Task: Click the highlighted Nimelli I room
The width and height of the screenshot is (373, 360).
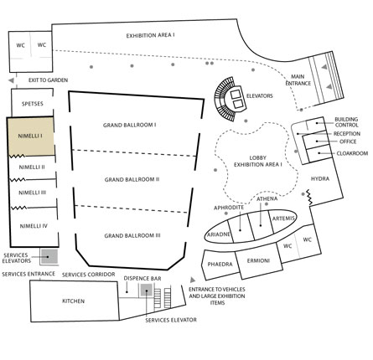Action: coord(30,136)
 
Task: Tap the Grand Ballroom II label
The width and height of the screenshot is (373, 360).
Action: coord(132,179)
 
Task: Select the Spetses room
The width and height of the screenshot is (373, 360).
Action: coord(32,103)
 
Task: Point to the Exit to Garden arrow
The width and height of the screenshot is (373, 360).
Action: coord(11,80)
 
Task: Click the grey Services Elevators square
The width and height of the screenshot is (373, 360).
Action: coord(49,256)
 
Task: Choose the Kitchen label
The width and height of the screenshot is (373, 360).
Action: coord(73,301)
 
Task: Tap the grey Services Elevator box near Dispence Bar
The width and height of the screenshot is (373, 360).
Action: coord(146,291)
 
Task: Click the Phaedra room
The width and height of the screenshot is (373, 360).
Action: coord(220,265)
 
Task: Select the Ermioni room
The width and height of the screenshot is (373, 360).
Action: coord(258,261)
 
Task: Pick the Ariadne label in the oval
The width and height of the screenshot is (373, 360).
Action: coord(219,234)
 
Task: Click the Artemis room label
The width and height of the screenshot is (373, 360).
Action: coord(283,219)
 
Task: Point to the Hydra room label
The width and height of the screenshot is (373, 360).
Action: coord(320,178)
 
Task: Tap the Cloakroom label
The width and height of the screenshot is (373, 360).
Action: coord(352,153)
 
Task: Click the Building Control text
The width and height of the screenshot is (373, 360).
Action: coord(346,122)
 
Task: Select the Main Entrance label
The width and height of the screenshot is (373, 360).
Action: coord(298,80)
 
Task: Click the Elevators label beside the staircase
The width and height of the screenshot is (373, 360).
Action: coord(260,96)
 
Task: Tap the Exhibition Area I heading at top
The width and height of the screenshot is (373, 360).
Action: coord(150,36)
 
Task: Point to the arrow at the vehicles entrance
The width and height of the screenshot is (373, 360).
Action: coord(193,280)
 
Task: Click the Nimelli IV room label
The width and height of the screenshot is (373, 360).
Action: coord(34,226)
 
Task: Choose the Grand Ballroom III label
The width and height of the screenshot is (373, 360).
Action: coord(132,235)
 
